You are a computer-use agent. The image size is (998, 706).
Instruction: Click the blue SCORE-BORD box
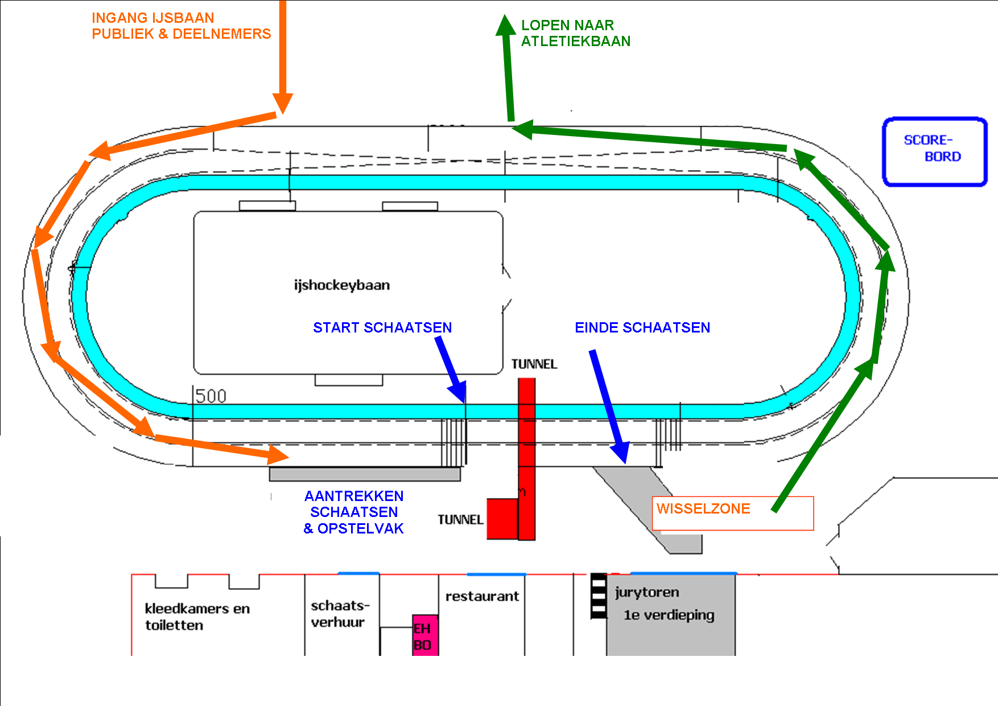(x=934, y=151)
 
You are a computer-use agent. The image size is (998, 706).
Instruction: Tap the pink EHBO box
(x=425, y=635)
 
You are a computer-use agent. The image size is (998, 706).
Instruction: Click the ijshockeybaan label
(x=342, y=285)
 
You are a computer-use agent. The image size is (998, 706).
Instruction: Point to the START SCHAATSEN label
(x=382, y=327)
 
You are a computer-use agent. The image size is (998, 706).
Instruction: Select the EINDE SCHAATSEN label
(x=642, y=327)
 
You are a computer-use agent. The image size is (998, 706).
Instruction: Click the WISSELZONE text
(x=703, y=508)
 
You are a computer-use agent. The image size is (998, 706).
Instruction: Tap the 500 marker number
(x=211, y=396)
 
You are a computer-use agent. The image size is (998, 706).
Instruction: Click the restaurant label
(x=482, y=596)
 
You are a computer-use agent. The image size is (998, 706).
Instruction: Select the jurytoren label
(x=647, y=592)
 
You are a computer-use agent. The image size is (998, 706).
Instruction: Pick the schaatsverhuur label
(x=340, y=614)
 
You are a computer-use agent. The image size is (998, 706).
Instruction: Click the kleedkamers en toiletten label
(x=197, y=617)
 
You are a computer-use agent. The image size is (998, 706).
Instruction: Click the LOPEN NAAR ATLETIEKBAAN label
(x=575, y=33)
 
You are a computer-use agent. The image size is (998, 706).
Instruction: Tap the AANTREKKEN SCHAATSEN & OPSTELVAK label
(x=353, y=512)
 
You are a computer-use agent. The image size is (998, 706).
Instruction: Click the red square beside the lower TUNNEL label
(x=502, y=519)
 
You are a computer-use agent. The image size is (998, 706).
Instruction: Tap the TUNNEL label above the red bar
(x=534, y=364)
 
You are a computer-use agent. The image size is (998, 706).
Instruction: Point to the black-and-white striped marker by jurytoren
(x=599, y=596)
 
